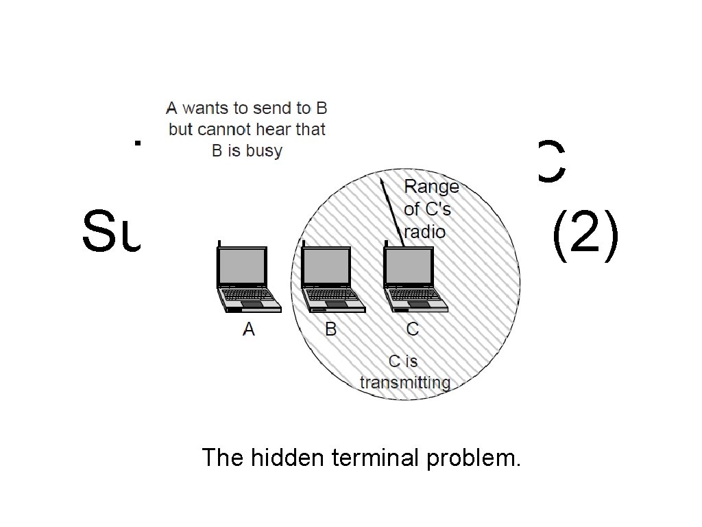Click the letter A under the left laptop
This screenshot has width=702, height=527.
click(249, 330)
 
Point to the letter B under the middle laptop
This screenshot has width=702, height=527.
click(331, 330)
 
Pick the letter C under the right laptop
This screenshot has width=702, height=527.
click(413, 330)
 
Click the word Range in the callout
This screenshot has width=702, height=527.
click(431, 186)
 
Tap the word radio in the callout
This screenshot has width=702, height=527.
click(425, 232)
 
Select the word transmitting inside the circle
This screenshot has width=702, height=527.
click(405, 383)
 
